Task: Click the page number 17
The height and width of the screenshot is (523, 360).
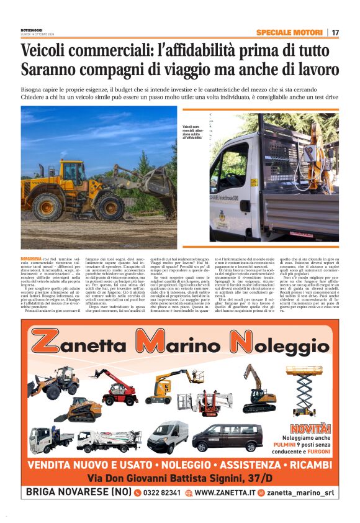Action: (335, 32)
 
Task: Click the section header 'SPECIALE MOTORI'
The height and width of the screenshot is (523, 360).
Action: (289, 32)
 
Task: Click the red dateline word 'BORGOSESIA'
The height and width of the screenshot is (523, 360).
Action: (31, 257)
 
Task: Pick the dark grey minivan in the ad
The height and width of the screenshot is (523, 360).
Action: (227, 437)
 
